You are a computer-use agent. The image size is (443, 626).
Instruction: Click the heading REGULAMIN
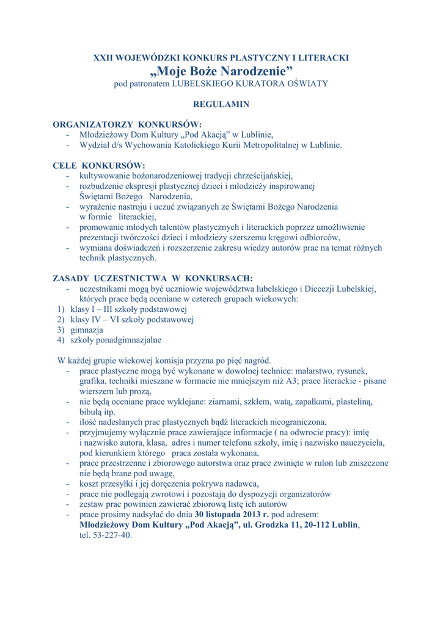(221, 105)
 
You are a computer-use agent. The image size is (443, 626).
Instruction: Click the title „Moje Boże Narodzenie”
(221, 71)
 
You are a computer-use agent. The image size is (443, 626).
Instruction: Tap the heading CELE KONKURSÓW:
(99, 166)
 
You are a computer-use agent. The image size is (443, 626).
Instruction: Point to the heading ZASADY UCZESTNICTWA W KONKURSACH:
(153, 279)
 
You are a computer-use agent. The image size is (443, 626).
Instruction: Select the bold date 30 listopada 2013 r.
(232, 515)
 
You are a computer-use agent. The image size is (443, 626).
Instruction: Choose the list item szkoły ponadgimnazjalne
(115, 340)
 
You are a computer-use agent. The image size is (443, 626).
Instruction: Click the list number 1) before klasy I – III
(61, 309)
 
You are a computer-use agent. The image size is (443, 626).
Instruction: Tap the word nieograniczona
(296, 422)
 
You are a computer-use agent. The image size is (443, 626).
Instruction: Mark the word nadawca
(241, 484)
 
